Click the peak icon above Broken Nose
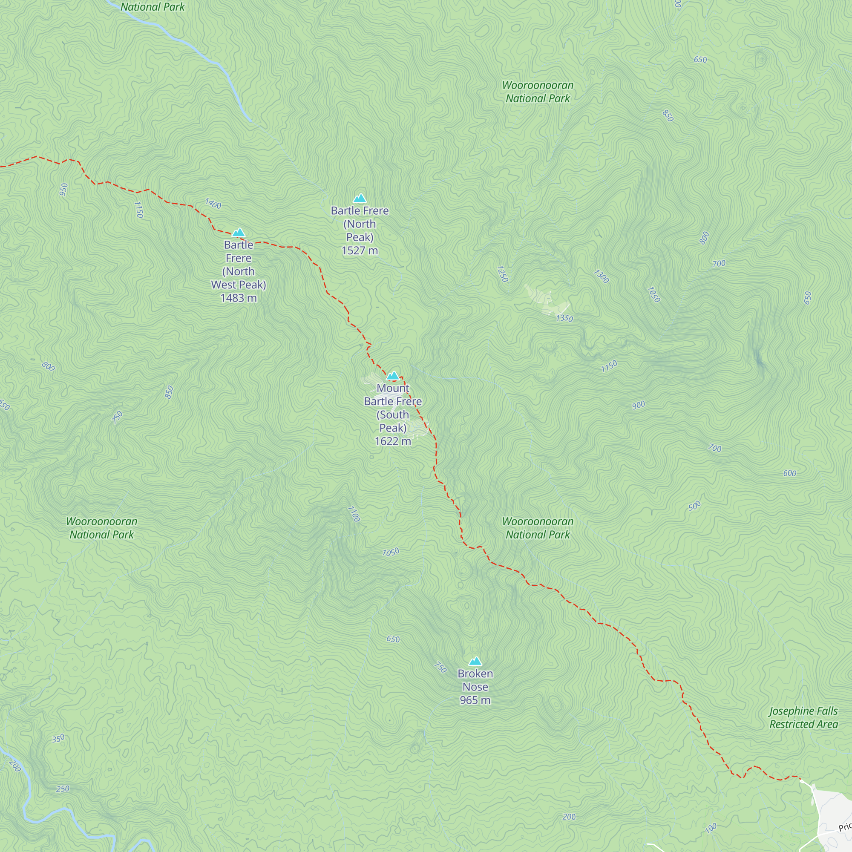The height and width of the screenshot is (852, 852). [x=475, y=661]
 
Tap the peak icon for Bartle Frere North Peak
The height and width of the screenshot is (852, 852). [x=360, y=198]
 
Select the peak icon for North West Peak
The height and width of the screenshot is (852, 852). [x=239, y=233]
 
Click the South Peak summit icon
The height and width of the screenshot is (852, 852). [x=393, y=376]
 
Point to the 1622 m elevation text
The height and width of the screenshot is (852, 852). [x=392, y=441]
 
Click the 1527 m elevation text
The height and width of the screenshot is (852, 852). [x=360, y=250]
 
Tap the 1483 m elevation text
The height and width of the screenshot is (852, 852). [x=238, y=298]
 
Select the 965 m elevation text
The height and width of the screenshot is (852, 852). [x=475, y=700]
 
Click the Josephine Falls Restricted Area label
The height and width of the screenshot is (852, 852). [x=803, y=717]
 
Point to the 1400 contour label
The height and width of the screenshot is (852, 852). [x=213, y=204]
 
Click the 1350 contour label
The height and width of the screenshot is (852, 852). [x=564, y=318]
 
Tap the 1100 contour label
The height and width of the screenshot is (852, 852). [x=354, y=514]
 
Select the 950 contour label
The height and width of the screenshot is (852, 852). [x=64, y=190]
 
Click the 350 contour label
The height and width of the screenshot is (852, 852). [x=58, y=738]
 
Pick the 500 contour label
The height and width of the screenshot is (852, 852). [x=694, y=506]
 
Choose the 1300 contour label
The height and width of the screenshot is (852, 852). [x=602, y=276]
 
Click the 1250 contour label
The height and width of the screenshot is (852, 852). [x=502, y=274]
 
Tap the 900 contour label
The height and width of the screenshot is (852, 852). [x=639, y=405]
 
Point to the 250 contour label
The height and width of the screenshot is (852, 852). [x=63, y=789]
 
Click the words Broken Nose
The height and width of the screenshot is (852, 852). [x=475, y=680]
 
